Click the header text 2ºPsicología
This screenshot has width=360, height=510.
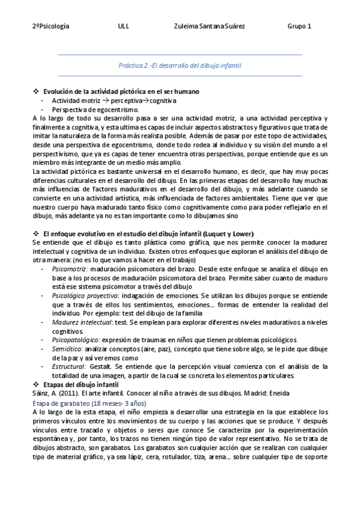tap(51, 26)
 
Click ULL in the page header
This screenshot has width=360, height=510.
tap(124, 26)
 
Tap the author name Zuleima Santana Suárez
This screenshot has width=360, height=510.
tap(209, 26)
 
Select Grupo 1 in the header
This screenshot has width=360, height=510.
tap(299, 26)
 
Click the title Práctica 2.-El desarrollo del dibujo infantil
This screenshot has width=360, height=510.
tap(180, 65)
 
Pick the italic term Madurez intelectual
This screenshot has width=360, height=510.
tap(79, 322)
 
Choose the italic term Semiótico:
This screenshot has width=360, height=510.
tap(67, 349)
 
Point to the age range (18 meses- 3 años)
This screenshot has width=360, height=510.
tap(122, 403)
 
